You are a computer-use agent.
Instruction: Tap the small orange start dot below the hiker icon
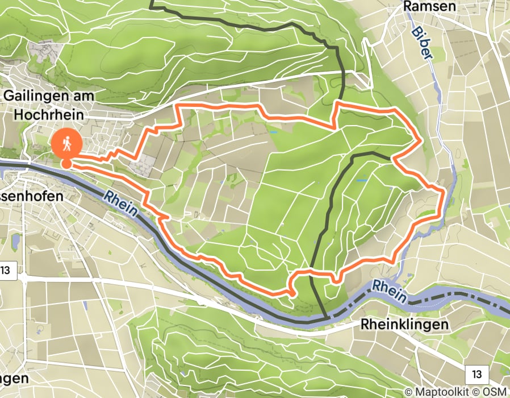66,164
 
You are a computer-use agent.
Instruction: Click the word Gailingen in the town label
34,96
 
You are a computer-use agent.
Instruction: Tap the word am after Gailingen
83,96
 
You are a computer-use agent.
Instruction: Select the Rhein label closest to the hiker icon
121,202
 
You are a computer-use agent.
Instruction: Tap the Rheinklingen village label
404,325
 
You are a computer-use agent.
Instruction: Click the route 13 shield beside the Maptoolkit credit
476,374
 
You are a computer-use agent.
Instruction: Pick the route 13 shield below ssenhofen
6,270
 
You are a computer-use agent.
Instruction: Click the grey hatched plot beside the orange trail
140,165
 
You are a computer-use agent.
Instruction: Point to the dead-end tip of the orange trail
292,294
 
